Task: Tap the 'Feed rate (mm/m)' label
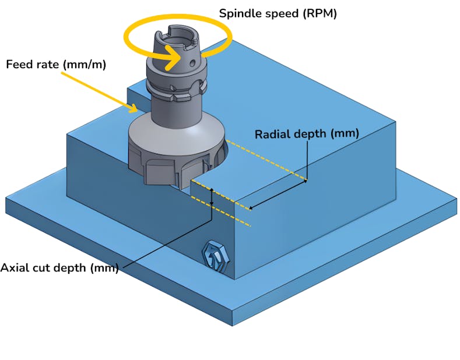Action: [x=56, y=64]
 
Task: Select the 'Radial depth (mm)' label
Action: [x=307, y=134]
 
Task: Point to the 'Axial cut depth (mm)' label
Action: [x=59, y=268]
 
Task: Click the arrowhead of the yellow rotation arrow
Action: [x=175, y=58]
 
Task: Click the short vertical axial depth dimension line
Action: [x=213, y=201]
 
